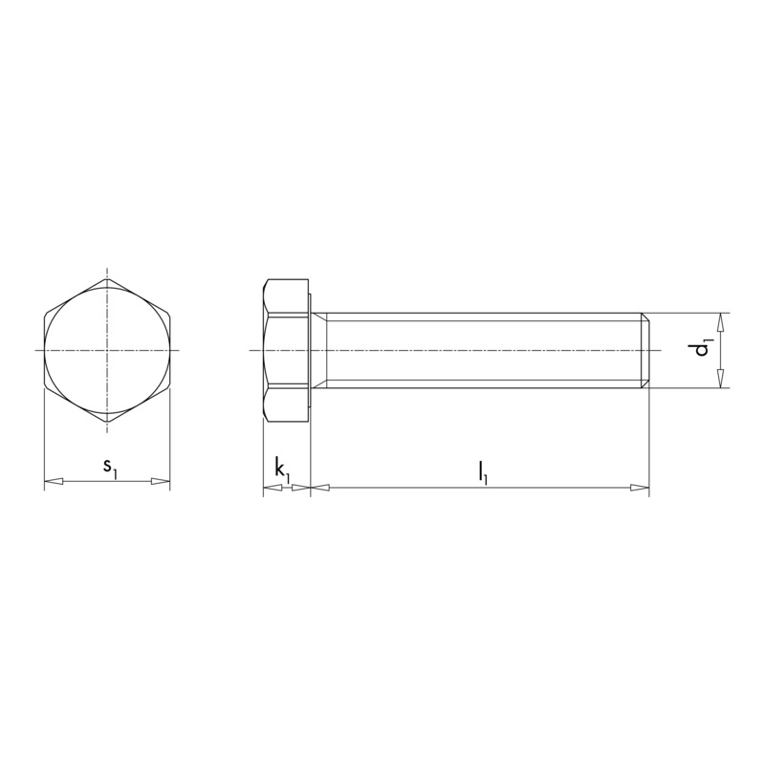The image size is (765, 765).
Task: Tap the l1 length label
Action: click(x=483, y=472)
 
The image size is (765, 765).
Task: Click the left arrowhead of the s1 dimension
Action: click(x=55, y=482)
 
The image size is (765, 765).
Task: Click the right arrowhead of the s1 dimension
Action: click(x=161, y=482)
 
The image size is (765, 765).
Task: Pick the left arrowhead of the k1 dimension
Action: click(x=273, y=487)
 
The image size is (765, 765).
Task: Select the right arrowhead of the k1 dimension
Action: click(x=301, y=487)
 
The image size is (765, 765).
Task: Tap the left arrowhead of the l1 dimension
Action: click(x=320, y=487)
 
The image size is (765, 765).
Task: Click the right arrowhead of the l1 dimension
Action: click(x=640, y=487)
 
